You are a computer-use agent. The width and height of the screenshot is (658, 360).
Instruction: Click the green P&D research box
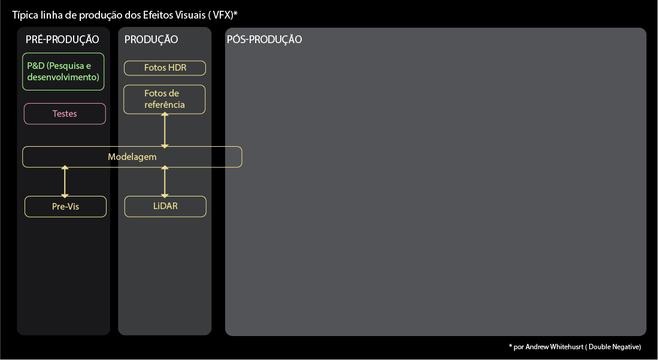pos(63,71)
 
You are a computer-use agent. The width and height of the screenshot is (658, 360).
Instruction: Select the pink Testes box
pos(65,114)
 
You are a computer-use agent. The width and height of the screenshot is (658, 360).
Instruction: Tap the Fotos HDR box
pos(165,68)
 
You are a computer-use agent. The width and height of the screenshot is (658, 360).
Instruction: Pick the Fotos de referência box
pos(165,99)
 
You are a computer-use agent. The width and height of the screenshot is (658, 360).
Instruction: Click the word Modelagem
pos(132,157)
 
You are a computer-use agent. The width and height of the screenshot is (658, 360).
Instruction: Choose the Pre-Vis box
pos(65,207)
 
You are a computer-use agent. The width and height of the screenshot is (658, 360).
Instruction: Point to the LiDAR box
pos(165,207)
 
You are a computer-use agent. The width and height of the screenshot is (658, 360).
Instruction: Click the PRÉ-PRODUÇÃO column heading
pos(62,40)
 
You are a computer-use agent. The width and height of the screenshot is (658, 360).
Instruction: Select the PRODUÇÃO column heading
pos(151,40)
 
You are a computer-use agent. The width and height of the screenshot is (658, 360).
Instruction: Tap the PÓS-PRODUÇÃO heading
pos(264,40)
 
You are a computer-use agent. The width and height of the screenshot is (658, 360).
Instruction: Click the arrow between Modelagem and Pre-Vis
pos(65,181)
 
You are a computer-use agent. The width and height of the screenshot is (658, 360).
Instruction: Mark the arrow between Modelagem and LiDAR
pos(165,181)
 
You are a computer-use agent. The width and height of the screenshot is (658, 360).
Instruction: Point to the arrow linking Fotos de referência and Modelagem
pos(165,130)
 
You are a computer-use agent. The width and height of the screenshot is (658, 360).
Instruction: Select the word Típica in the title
pos(25,14)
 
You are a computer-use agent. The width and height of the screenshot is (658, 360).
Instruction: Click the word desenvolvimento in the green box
pos(63,77)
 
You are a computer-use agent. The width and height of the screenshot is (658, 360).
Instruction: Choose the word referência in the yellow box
pos(165,105)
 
